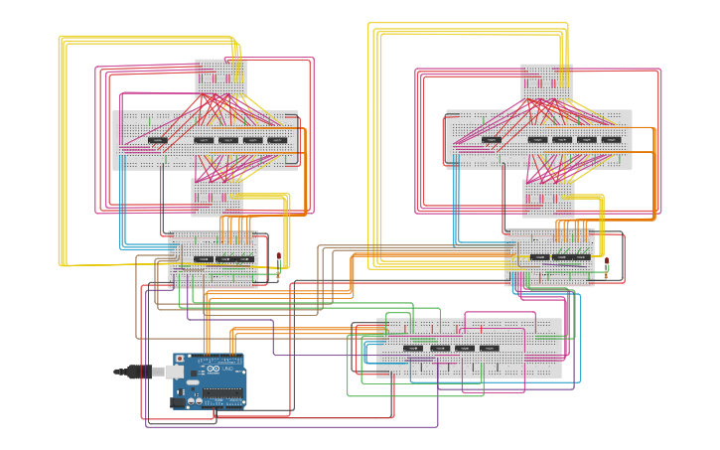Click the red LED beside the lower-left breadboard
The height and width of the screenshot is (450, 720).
coord(279,257)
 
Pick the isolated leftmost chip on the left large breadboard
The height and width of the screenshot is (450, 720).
coord(158,140)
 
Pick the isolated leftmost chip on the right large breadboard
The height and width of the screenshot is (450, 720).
coord(492,140)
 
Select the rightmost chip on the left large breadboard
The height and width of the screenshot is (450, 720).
coord(277,140)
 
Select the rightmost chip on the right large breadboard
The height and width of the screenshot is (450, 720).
coord(611,140)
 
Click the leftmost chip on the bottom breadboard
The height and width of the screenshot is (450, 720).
coord(413,348)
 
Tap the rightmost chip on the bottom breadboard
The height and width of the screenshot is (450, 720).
coord(490,348)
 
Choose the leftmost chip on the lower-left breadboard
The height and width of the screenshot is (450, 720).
coord(203,258)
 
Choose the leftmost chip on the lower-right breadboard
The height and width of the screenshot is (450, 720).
coord(539,256)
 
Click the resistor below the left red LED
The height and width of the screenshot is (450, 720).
coord(279,270)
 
